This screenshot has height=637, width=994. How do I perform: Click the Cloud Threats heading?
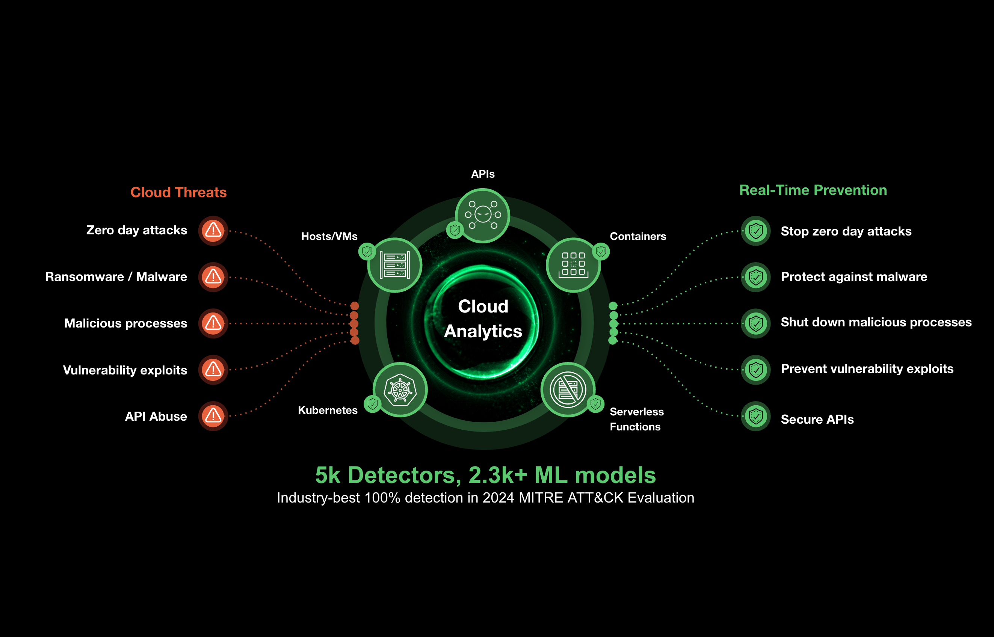tap(178, 192)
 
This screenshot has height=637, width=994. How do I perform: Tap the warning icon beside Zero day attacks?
tap(213, 230)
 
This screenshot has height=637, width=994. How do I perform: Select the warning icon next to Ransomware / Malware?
tap(213, 277)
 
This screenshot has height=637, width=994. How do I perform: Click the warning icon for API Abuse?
tap(213, 416)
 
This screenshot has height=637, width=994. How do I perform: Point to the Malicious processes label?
tap(125, 323)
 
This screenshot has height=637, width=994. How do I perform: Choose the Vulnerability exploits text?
tap(125, 370)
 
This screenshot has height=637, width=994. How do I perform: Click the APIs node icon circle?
tap(482, 215)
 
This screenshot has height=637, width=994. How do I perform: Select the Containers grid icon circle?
tap(573, 265)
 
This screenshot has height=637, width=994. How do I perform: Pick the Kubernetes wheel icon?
tap(400, 389)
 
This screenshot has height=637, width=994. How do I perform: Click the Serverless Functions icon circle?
tap(568, 389)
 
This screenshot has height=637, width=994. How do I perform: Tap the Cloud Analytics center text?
tap(483, 319)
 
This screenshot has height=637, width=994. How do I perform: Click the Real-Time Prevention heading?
tap(813, 190)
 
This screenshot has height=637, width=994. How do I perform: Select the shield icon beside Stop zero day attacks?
tap(756, 231)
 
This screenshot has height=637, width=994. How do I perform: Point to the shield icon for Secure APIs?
tap(756, 416)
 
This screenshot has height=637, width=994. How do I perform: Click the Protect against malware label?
tap(854, 277)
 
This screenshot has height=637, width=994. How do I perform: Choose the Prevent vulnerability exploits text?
tap(867, 368)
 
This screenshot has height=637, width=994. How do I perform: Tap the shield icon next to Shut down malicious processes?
tap(756, 323)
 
